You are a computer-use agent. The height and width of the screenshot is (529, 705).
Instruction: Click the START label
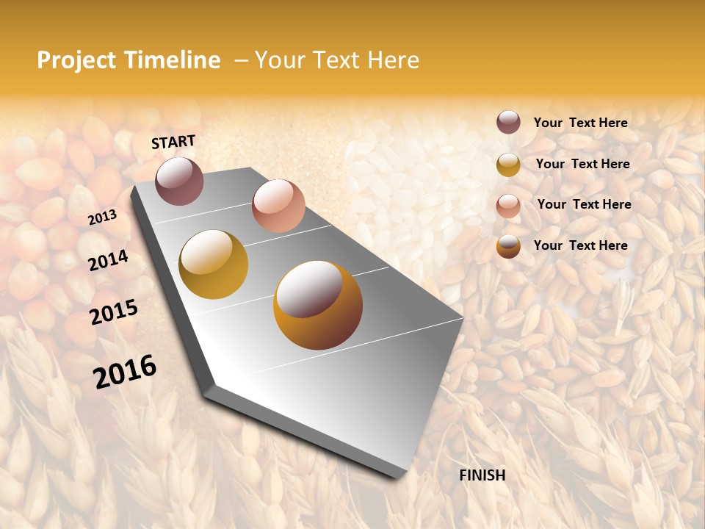173,142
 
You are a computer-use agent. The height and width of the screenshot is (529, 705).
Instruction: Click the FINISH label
482,475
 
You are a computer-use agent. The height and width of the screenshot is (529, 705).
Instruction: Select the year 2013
102,217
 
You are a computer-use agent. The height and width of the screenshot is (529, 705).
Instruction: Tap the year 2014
108,260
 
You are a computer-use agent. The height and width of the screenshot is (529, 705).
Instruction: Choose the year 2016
125,372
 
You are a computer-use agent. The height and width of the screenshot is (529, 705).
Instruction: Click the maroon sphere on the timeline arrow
179,181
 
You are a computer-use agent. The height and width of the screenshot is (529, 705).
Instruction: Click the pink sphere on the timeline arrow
278,205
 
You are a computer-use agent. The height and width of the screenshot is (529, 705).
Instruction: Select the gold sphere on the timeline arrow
213,264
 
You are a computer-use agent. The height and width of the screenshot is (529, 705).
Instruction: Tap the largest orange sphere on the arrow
317,305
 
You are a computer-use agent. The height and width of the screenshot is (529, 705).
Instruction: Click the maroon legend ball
508,123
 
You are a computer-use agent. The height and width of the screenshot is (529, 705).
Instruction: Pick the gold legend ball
508,165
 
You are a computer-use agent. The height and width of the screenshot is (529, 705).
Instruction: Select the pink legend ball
508,205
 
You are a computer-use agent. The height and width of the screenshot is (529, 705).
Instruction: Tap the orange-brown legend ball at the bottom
508,246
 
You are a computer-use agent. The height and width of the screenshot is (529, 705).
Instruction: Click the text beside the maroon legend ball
580,123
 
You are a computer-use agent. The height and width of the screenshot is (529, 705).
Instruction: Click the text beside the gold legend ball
582,164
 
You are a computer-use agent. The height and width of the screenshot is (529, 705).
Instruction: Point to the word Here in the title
393,60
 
